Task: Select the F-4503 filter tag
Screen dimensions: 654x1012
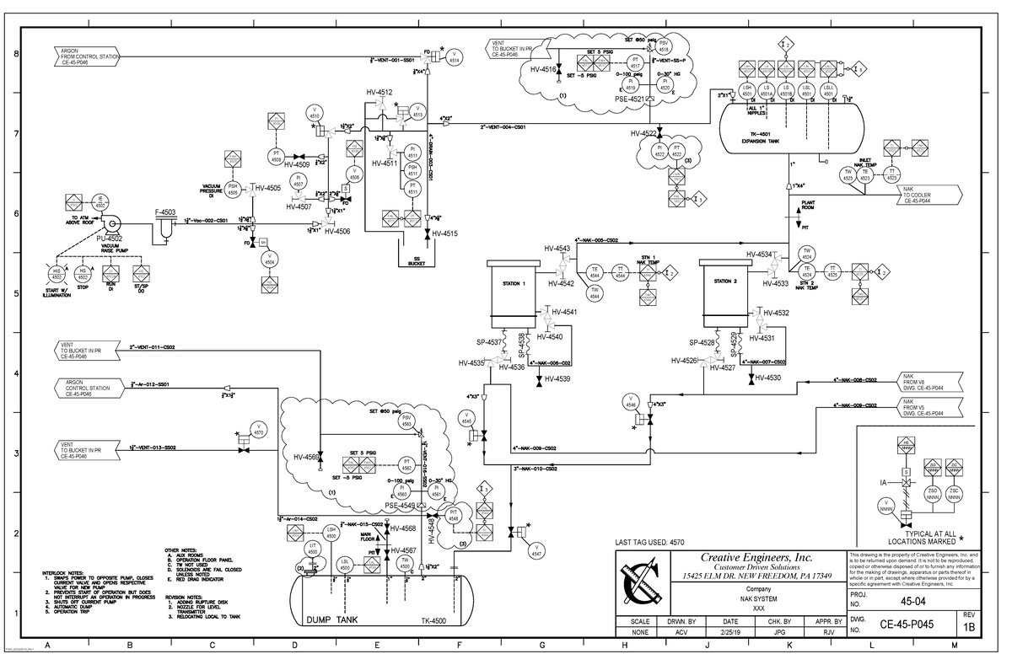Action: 165,212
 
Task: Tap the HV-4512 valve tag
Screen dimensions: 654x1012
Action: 379,92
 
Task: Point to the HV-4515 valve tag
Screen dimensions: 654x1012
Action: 444,234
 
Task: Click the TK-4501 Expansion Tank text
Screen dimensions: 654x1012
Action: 760,137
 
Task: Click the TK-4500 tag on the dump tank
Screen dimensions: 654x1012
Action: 433,621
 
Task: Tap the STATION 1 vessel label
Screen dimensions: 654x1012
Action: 513,283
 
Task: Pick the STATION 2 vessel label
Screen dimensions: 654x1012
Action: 725,281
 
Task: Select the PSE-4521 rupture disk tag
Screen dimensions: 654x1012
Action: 629,99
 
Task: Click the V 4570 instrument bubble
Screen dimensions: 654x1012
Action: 259,429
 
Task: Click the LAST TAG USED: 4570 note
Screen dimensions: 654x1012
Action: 650,543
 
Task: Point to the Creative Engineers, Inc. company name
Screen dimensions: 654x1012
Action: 756,557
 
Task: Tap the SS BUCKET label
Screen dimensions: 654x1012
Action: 417,261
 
